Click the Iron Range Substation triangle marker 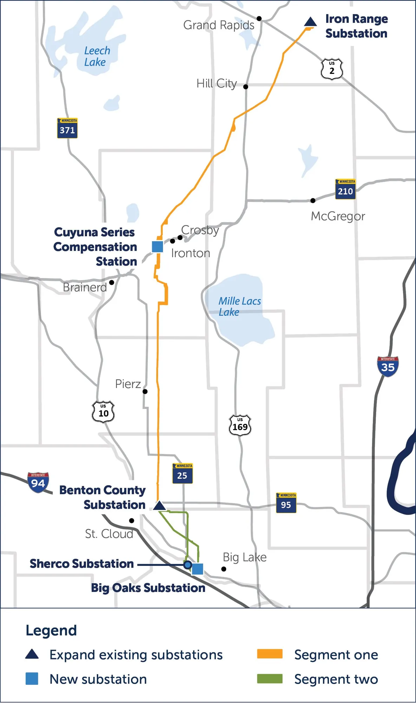click(x=310, y=22)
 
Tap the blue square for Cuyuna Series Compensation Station click(x=157, y=247)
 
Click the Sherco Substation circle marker click(x=188, y=565)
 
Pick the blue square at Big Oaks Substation click(x=198, y=569)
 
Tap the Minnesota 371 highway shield click(x=67, y=128)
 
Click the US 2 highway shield click(x=332, y=69)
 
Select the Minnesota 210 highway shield click(x=345, y=189)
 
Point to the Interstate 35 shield click(x=388, y=366)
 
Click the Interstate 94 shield click(x=38, y=482)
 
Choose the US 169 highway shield click(x=240, y=425)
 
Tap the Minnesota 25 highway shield click(x=182, y=473)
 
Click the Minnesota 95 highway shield click(x=286, y=503)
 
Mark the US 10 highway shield click(x=103, y=412)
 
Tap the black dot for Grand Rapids click(x=259, y=18)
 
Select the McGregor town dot click(x=313, y=200)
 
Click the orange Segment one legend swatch click(x=270, y=654)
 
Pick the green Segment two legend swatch click(x=270, y=679)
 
